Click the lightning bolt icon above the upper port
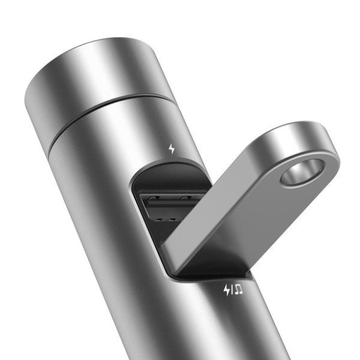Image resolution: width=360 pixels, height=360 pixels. click(172, 148)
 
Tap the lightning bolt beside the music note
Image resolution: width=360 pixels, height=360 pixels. click(226, 288)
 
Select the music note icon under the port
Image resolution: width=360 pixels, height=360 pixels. click(237, 288)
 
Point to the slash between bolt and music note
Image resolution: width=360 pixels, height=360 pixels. click(231, 288)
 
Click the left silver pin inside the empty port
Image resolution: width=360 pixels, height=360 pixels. click(155, 198)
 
